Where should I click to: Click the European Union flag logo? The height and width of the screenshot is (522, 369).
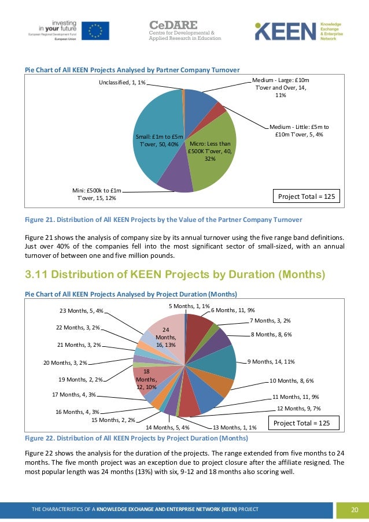click(x=95, y=31)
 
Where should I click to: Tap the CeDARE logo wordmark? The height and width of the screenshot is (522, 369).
click(x=174, y=25)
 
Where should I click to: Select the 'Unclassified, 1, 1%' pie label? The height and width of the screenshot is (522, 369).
click(x=122, y=83)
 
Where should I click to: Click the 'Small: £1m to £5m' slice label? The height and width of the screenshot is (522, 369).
click(x=160, y=140)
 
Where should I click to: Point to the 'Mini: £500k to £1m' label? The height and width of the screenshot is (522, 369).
click(x=97, y=194)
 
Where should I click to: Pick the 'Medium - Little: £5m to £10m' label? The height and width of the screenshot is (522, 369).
click(x=299, y=131)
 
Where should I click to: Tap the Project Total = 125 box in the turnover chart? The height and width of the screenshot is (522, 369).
click(x=307, y=197)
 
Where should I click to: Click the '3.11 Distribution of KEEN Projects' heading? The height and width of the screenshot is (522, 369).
click(x=175, y=273)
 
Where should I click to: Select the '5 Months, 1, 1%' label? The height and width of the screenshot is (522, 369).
click(x=189, y=306)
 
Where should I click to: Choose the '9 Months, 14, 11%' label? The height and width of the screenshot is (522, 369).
click(x=271, y=362)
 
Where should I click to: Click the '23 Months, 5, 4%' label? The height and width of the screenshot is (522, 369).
click(x=81, y=310)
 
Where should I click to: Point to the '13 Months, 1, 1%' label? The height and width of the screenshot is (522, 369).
click(x=235, y=428)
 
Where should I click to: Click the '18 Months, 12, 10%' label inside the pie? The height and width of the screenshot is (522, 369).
click(x=146, y=379)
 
